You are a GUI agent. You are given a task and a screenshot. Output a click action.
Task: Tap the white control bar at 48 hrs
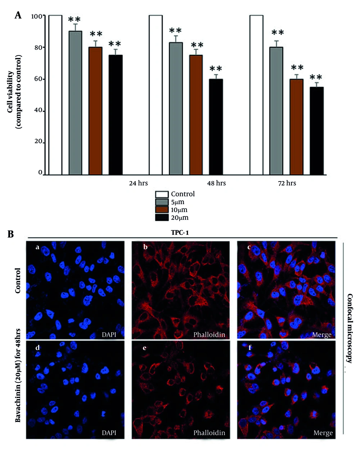tap(156, 95)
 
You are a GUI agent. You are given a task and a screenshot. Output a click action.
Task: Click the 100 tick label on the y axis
tap(36, 16)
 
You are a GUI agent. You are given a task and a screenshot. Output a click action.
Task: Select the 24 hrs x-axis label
tap(139, 183)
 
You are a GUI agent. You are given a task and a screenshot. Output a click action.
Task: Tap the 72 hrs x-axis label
tap(287, 183)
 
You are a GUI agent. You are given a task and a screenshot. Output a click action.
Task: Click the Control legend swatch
tap(162, 194)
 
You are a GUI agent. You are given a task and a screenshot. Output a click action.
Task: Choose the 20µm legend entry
tap(179, 217)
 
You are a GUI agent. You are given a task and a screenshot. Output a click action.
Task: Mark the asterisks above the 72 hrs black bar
tap(316, 77)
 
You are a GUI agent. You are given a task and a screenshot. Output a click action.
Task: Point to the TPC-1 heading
tap(180, 233)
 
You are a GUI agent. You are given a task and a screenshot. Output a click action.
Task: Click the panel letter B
tap(10, 234)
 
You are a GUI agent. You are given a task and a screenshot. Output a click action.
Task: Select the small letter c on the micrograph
tap(249, 247)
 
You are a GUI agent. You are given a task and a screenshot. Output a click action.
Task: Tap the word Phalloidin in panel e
tap(209, 433)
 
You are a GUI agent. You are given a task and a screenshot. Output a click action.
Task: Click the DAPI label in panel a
tap(109, 335)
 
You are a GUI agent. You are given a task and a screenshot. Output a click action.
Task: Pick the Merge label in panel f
tap(323, 433)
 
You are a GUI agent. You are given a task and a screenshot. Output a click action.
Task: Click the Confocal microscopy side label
tap(350, 328)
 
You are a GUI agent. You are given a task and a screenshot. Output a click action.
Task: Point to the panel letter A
tap(18, 15)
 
